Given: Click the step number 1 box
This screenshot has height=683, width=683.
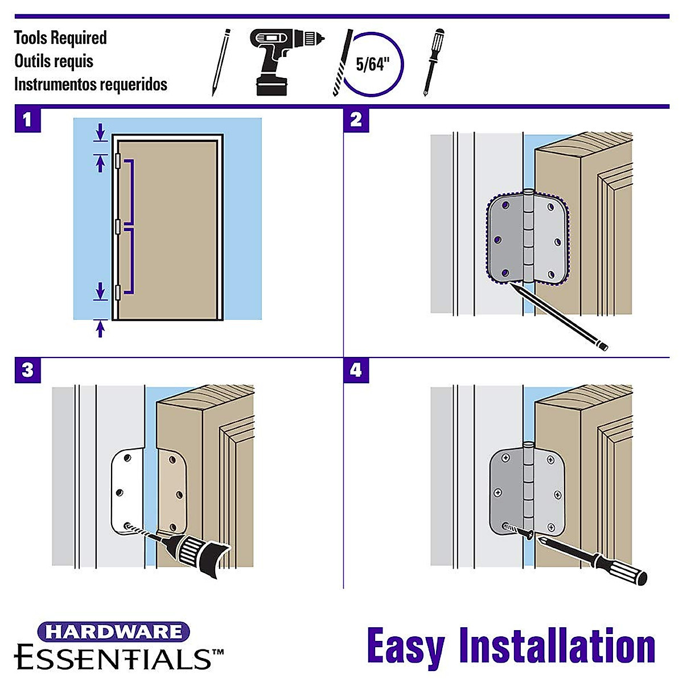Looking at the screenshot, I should pos(27,120).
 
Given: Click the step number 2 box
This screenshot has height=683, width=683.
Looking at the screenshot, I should pos(356,120).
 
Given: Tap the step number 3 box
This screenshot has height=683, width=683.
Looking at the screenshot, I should pos(27,371).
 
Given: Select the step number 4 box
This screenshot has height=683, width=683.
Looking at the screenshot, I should pos(356,371).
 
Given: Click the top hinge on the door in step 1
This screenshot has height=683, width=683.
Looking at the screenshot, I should pos(117,161).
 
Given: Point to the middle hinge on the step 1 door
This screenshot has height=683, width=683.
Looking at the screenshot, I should pos(117,227).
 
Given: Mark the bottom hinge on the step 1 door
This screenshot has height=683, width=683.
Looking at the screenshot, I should pos(117,292).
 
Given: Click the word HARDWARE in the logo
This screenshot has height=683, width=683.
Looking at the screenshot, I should pos(113,632).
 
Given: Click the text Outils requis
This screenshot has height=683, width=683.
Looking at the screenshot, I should pos(54,61).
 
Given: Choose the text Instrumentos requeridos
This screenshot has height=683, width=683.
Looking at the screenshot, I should pos(90,84).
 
